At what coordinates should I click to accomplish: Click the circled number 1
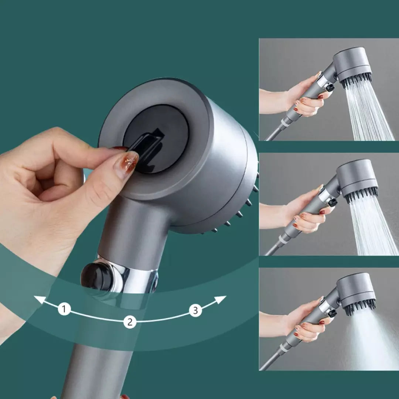point(64,309)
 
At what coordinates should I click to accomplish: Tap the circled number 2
point(130,322)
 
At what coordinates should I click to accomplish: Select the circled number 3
point(195,310)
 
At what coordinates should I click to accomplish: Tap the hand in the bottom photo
point(307,321)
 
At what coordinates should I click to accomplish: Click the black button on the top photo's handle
point(330,88)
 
